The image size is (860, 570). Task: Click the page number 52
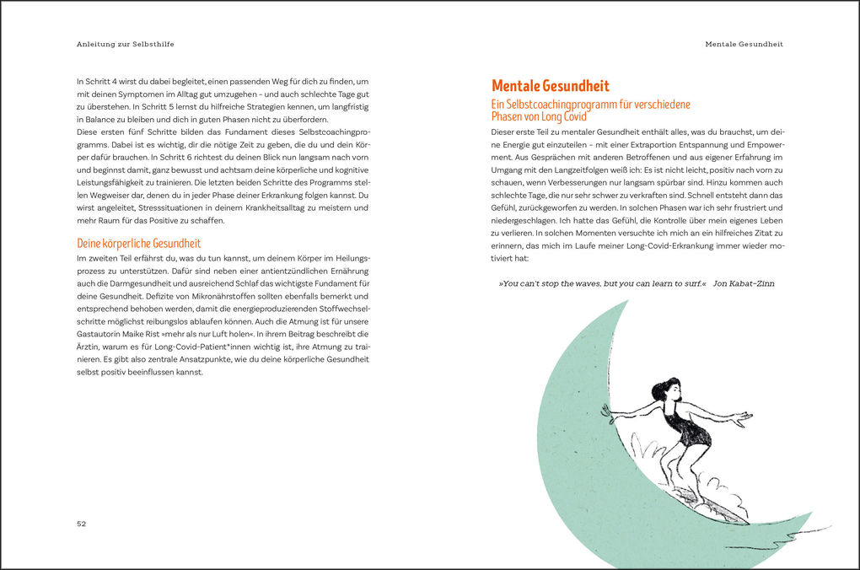pyautogui.click(x=82, y=524)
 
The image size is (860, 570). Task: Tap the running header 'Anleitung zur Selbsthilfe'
pyautogui.click(x=131, y=43)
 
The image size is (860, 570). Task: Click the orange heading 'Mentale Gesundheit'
pyautogui.click(x=550, y=86)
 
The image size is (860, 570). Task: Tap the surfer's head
pyautogui.click(x=664, y=391)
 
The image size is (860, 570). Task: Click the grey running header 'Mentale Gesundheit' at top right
pyautogui.click(x=744, y=43)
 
